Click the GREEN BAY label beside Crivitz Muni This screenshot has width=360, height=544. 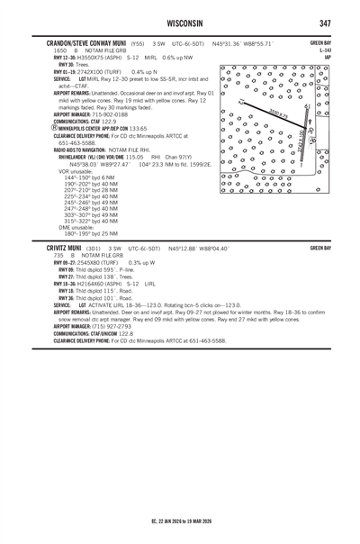(320, 248)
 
